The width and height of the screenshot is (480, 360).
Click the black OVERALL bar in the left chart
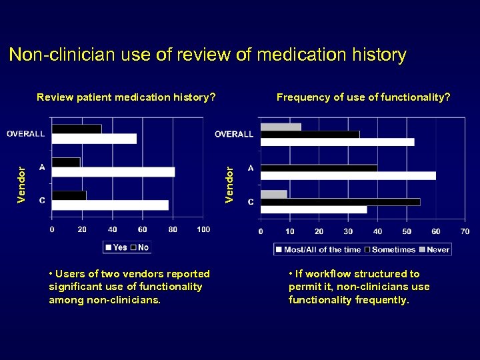(x=77, y=129)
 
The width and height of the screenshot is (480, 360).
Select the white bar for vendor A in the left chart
(x=113, y=172)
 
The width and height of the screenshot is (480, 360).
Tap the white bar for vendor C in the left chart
(x=110, y=205)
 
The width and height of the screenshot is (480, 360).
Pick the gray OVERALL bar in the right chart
(x=281, y=127)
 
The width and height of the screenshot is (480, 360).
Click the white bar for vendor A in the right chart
(x=348, y=176)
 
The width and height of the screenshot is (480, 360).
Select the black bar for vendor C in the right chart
(x=340, y=202)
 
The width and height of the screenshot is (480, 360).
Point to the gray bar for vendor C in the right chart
(x=274, y=195)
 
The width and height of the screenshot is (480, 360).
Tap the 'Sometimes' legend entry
(x=393, y=250)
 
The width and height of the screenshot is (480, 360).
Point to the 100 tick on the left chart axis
(x=203, y=230)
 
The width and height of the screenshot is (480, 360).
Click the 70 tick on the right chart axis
(x=465, y=232)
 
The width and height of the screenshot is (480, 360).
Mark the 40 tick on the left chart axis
(x=112, y=230)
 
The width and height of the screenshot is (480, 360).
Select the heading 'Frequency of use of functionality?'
(x=363, y=97)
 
